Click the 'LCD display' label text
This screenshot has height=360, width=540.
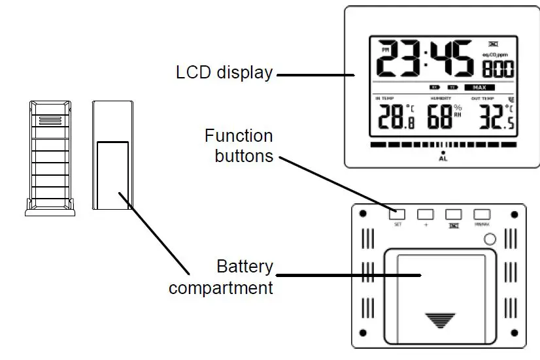224,73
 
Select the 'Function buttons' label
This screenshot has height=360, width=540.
239,146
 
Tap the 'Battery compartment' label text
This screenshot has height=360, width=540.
221,277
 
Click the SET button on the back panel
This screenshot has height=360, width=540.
397,214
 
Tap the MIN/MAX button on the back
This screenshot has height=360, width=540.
482,214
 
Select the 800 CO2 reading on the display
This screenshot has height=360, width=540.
498,69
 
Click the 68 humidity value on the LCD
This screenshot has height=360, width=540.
440,118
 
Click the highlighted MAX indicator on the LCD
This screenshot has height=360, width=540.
479,87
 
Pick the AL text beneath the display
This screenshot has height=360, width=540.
443,158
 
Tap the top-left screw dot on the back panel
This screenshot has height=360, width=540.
360,214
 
